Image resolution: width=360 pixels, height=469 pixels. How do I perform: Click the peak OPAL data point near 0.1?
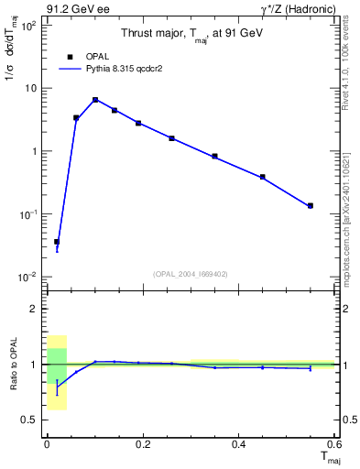[x=95, y=100]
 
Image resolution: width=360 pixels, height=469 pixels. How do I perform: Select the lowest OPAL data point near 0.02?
[x=57, y=242]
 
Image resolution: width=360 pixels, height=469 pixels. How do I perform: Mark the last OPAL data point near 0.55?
[x=311, y=206]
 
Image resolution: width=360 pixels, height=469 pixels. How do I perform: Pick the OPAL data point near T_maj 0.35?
[x=214, y=157]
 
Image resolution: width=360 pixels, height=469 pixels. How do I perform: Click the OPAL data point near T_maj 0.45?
[x=263, y=177]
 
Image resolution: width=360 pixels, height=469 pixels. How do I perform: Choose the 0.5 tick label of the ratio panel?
[x=33, y=420]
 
